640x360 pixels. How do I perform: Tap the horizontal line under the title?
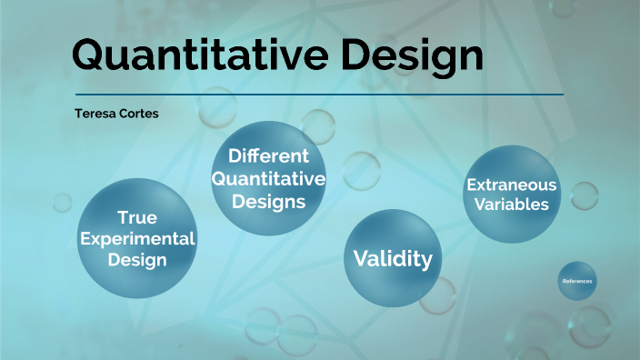[319, 94]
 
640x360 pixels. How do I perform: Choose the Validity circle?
[393, 258]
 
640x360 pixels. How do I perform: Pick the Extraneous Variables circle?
[511, 195]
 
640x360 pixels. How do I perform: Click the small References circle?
[577, 282]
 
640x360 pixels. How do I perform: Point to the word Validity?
[393, 259]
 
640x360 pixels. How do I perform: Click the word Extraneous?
[511, 185]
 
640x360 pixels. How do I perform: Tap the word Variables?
[511, 205]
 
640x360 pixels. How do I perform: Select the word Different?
[268, 155]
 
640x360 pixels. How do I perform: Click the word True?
[137, 217]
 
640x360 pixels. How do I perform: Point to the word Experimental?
[137, 238]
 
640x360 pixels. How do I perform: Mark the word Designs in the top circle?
[268, 201]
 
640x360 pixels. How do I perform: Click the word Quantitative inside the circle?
[268, 178]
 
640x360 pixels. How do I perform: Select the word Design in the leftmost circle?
[137, 259]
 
